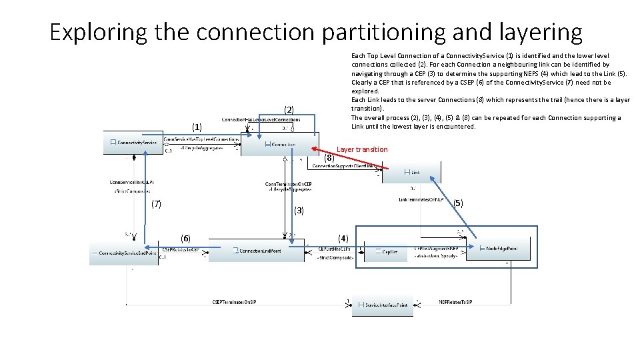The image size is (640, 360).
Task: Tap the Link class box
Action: click(411, 172)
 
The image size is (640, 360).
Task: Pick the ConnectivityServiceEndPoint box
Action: click(124, 253)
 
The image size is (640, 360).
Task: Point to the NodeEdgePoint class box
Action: click(493, 249)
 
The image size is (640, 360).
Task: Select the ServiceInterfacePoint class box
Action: click(383, 305)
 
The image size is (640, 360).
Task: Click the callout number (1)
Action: click(197, 127)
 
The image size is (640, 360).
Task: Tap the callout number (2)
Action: click(289, 109)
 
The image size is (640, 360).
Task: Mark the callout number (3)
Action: click(299, 211)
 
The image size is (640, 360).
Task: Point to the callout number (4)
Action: click(343, 238)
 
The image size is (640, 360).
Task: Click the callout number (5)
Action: click(457, 203)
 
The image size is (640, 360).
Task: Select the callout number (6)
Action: click(185, 238)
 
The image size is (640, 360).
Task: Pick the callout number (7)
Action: click(156, 204)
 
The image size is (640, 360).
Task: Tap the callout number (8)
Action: click(329, 159)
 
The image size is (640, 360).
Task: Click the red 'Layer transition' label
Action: click(362, 149)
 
